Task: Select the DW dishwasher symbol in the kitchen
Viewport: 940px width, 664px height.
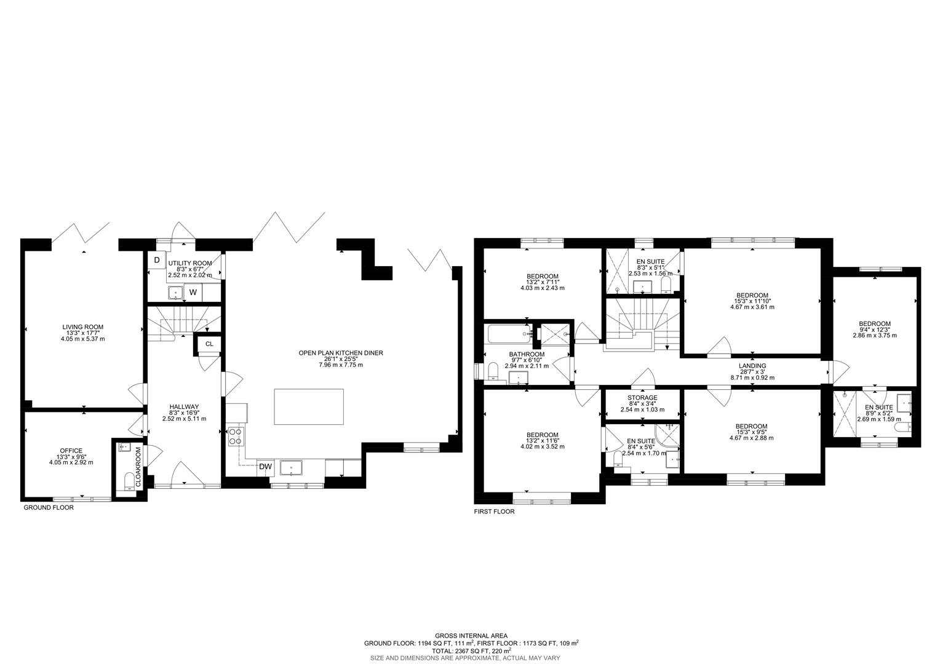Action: point(265,467)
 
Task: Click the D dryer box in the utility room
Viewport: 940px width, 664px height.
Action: point(157,260)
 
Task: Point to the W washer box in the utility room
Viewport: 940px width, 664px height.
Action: point(193,293)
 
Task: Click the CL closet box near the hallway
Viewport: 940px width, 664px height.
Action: point(209,344)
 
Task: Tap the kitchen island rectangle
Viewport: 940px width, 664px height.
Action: point(309,406)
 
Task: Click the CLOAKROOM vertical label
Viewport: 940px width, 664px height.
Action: point(138,467)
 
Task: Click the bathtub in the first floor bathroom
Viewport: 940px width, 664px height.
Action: point(509,334)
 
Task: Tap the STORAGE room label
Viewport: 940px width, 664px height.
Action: point(642,398)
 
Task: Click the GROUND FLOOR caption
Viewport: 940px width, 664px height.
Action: point(49,508)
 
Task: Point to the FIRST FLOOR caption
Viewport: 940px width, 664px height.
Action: point(494,512)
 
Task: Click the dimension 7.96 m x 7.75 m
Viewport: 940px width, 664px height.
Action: point(340,365)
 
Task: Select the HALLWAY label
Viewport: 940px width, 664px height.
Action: point(184,406)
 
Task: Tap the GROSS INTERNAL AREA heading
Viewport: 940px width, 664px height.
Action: point(471,636)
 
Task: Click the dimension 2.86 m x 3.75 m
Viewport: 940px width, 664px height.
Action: point(874,336)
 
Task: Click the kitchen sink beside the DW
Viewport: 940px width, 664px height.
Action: point(290,468)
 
